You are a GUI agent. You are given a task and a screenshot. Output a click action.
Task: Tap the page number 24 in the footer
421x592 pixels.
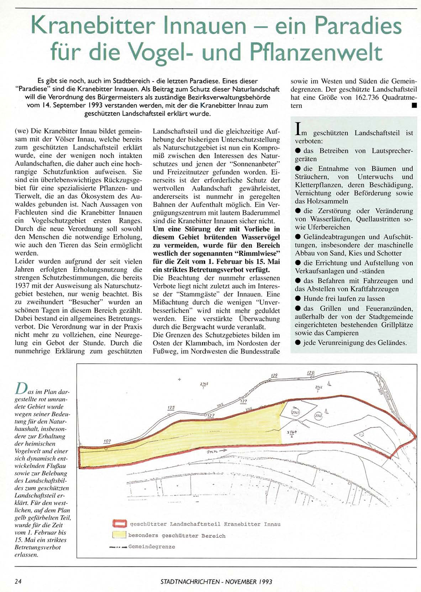click(18, 581)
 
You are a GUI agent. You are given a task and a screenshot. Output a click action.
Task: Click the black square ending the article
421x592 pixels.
click(414, 105)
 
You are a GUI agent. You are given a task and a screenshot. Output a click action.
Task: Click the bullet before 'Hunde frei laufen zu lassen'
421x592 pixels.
click(298, 298)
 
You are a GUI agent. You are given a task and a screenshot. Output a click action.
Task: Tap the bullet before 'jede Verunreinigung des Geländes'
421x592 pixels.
click(298, 342)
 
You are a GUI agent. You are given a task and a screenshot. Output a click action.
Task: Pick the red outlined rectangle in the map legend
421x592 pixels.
click(120, 524)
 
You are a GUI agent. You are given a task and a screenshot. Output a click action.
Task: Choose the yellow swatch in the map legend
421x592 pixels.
click(119, 535)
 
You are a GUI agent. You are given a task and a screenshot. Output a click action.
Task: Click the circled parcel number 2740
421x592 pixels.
click(318, 415)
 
